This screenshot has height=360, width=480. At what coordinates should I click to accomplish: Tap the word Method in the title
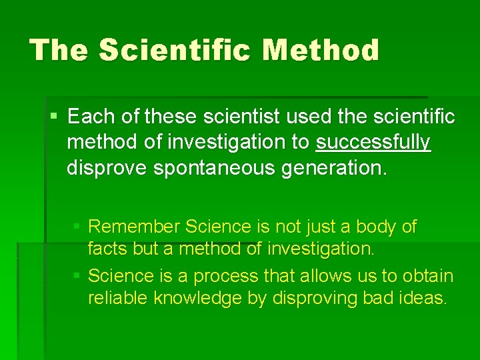[321, 50]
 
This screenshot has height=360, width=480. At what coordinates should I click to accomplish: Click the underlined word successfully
[373, 143]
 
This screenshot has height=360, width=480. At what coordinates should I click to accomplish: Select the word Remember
[134, 227]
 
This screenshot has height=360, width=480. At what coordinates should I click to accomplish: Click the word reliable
[118, 298]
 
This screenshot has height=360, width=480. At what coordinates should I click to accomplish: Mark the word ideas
[423, 298]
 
